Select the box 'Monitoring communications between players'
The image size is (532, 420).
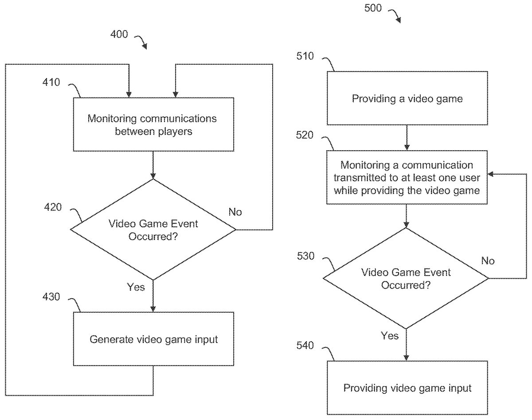click(x=153, y=124)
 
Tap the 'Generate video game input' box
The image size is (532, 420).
click(x=153, y=339)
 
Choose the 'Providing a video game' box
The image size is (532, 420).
click(x=407, y=98)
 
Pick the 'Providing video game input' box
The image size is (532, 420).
click(x=407, y=388)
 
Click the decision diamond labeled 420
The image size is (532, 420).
click(x=153, y=229)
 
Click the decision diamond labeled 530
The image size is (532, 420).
click(x=406, y=278)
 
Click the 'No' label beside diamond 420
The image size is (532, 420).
click(x=235, y=212)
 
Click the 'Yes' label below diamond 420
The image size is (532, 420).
click(x=136, y=287)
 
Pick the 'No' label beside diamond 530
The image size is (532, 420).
click(x=488, y=261)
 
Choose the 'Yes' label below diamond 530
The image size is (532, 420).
click(x=390, y=336)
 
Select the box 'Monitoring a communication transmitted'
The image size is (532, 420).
click(x=407, y=177)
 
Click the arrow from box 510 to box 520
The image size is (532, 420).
click(x=407, y=138)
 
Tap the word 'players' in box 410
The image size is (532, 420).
click(x=176, y=132)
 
